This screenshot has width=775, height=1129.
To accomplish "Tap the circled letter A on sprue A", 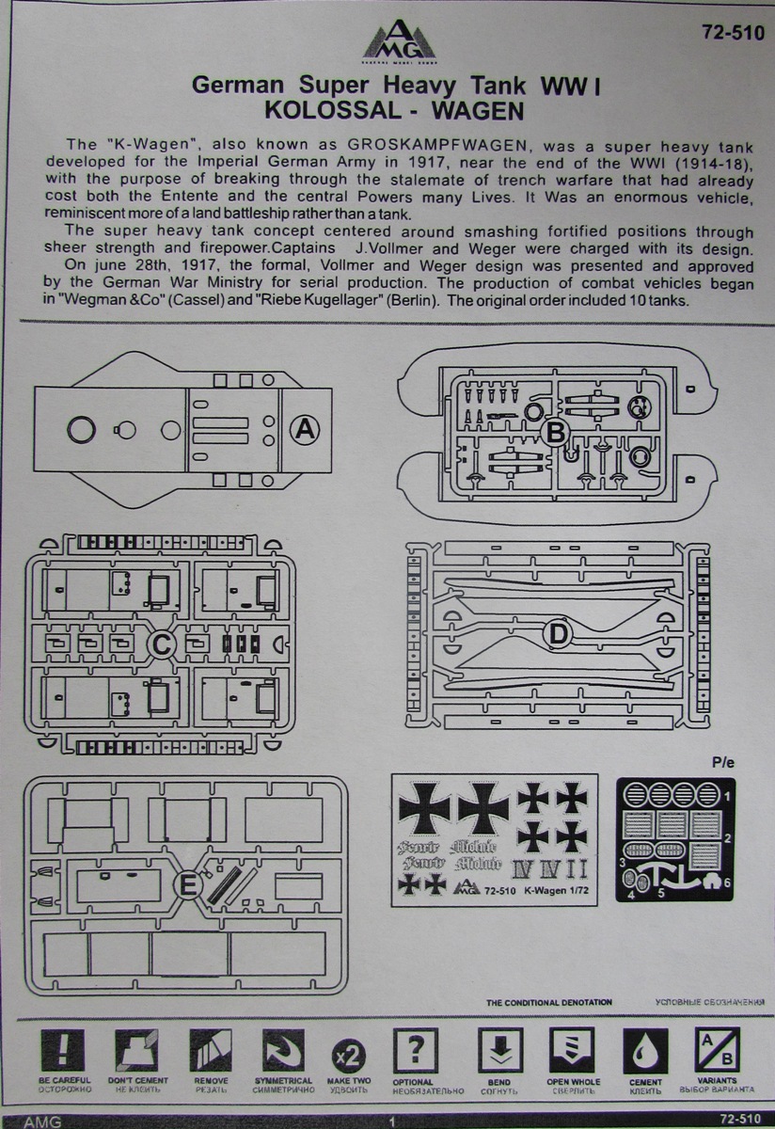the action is tap(304, 430).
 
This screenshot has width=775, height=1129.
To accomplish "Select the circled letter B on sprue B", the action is tap(556, 432).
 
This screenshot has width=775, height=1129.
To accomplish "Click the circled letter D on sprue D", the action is tap(559, 636).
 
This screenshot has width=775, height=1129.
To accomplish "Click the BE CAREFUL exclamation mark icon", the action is tap(64, 1050).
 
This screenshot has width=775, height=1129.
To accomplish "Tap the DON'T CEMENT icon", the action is tap(136, 1050).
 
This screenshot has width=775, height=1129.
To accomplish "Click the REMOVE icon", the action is tap(210, 1050).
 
